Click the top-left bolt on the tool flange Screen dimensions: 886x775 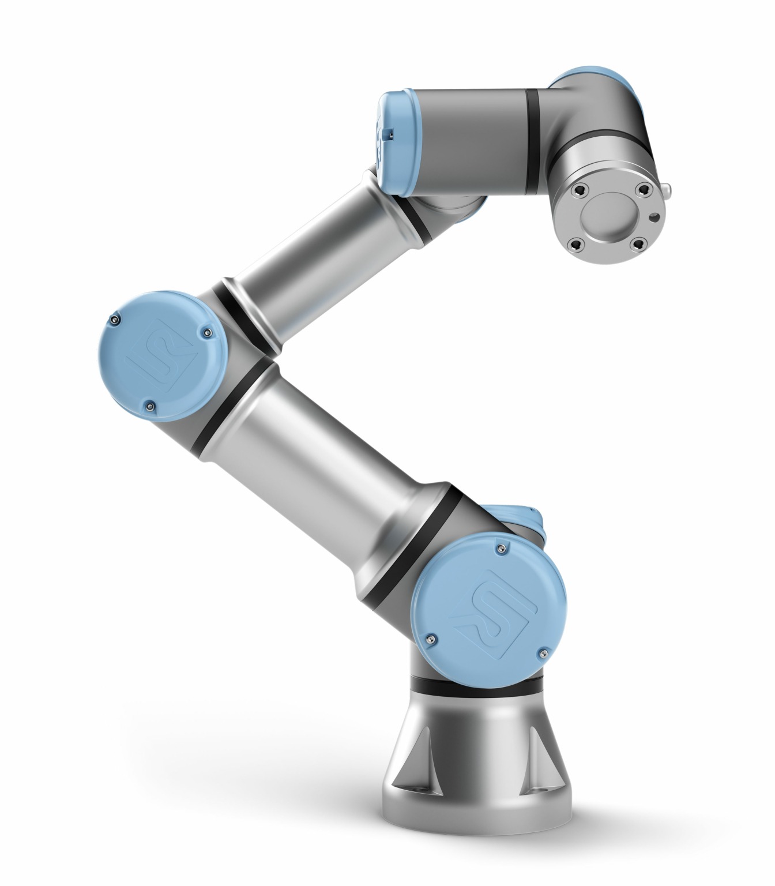coord(580,189)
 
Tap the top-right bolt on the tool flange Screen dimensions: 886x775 coord(642,189)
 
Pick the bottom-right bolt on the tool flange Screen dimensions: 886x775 coord(636,246)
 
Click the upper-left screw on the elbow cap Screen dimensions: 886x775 coord(117,319)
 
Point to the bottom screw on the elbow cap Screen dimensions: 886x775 coord(151,406)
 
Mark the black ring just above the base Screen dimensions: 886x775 coord(476,686)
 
